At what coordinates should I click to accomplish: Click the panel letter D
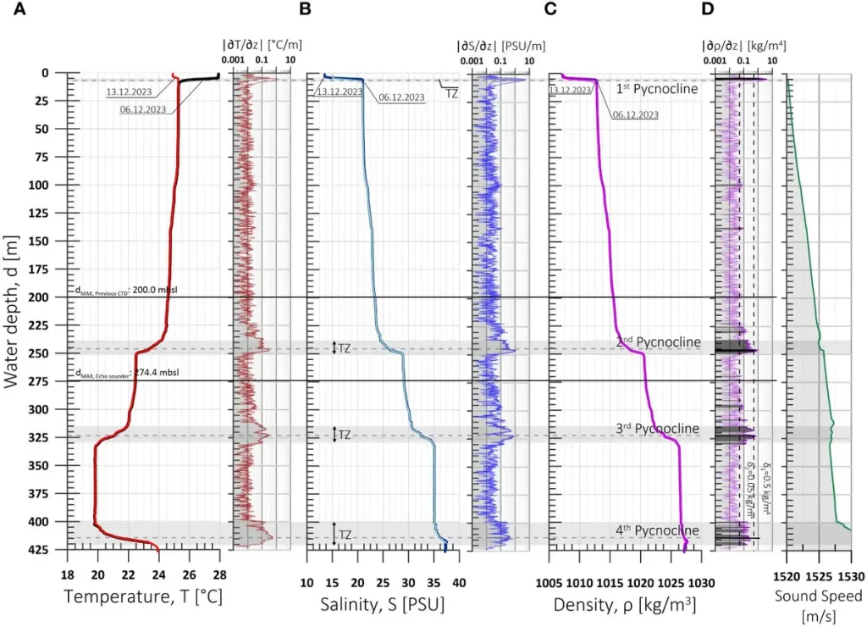[x=708, y=9]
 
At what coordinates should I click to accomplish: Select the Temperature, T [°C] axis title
[x=143, y=598]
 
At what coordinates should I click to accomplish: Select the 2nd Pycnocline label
[x=658, y=342]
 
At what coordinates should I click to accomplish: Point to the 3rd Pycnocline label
[x=658, y=429]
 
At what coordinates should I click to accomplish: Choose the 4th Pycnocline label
[x=658, y=531]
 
